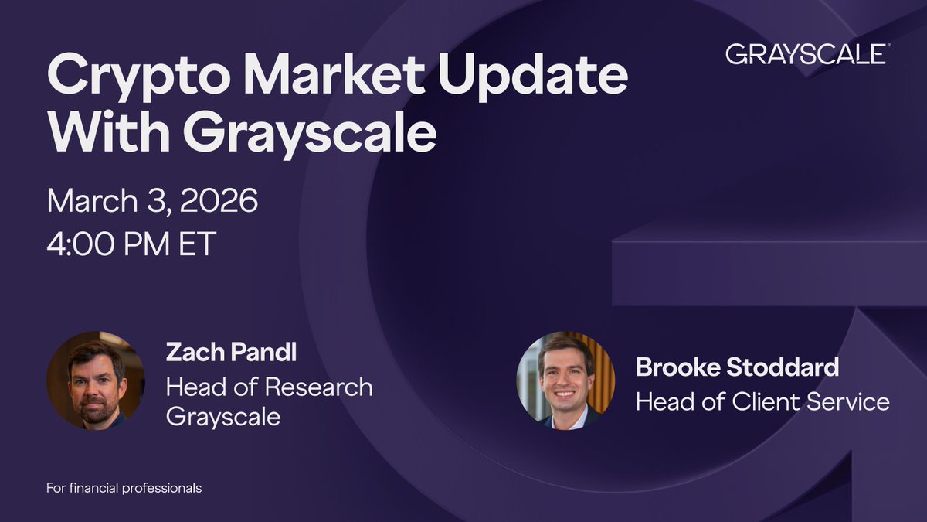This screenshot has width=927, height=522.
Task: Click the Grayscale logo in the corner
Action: (805, 54)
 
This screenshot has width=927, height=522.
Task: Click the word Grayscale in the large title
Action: (311, 135)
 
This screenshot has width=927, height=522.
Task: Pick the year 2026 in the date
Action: (219, 200)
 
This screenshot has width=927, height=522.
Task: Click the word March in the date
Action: (92, 200)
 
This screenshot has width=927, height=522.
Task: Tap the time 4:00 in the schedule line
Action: (80, 244)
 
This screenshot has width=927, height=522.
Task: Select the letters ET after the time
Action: (198, 244)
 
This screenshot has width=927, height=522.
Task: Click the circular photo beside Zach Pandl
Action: (96, 380)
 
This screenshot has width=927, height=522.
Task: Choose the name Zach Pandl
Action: (231, 352)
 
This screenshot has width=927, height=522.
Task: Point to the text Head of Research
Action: (270, 387)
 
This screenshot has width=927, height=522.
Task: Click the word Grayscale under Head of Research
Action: (223, 417)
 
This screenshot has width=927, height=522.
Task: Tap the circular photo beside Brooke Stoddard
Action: (565, 380)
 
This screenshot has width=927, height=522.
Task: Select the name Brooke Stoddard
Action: (738, 367)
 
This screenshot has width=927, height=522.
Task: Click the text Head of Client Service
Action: (762, 402)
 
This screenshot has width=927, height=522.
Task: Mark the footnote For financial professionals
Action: (124, 488)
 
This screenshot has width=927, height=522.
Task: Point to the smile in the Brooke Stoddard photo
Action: (564, 393)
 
